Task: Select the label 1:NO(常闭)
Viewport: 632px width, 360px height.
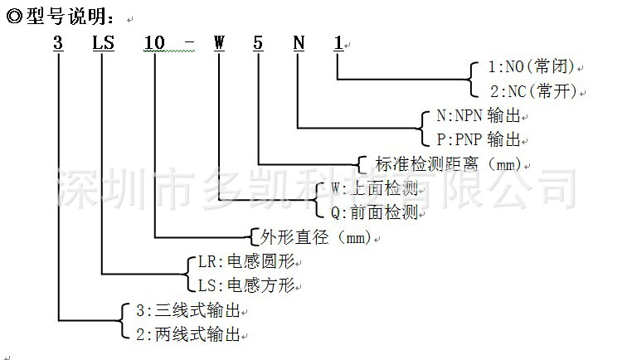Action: click(x=523, y=67)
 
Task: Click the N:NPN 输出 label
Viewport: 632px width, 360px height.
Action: click(x=479, y=117)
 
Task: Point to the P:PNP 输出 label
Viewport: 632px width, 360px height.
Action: click(x=479, y=139)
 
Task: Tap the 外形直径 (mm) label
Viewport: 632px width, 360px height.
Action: click(x=311, y=237)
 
